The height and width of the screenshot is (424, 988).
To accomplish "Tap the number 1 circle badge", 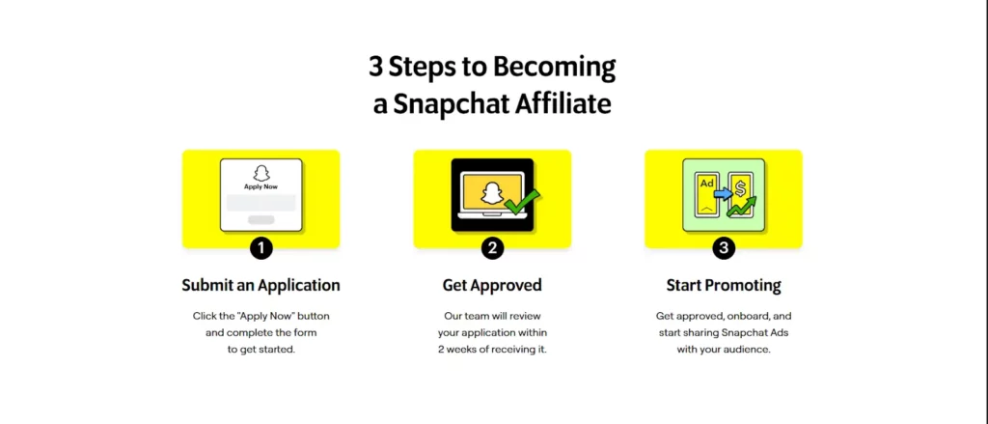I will [261, 248].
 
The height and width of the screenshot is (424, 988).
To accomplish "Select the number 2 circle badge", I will [492, 248].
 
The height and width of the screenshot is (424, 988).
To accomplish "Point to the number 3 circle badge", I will [724, 248].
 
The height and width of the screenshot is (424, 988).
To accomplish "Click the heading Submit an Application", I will [261, 285].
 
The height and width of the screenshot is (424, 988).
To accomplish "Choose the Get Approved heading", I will [492, 285].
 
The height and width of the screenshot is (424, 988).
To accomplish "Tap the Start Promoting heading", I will [724, 285].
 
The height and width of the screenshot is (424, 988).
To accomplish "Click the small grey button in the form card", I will [261, 220].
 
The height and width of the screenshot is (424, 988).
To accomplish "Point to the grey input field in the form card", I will [261, 203].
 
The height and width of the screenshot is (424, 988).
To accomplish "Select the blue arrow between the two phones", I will [723, 193].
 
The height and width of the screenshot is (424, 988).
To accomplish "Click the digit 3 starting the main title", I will [374, 68].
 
